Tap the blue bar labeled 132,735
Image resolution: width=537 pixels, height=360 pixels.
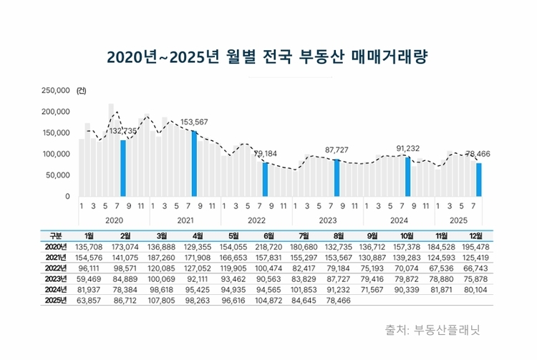click(x=123, y=168)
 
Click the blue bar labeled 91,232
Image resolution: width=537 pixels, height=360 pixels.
click(x=408, y=177)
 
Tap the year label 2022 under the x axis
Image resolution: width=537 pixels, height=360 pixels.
click(x=256, y=220)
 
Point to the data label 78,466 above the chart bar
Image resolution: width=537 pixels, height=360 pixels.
click(x=480, y=153)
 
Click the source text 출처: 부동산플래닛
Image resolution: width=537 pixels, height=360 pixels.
click(x=432, y=330)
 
